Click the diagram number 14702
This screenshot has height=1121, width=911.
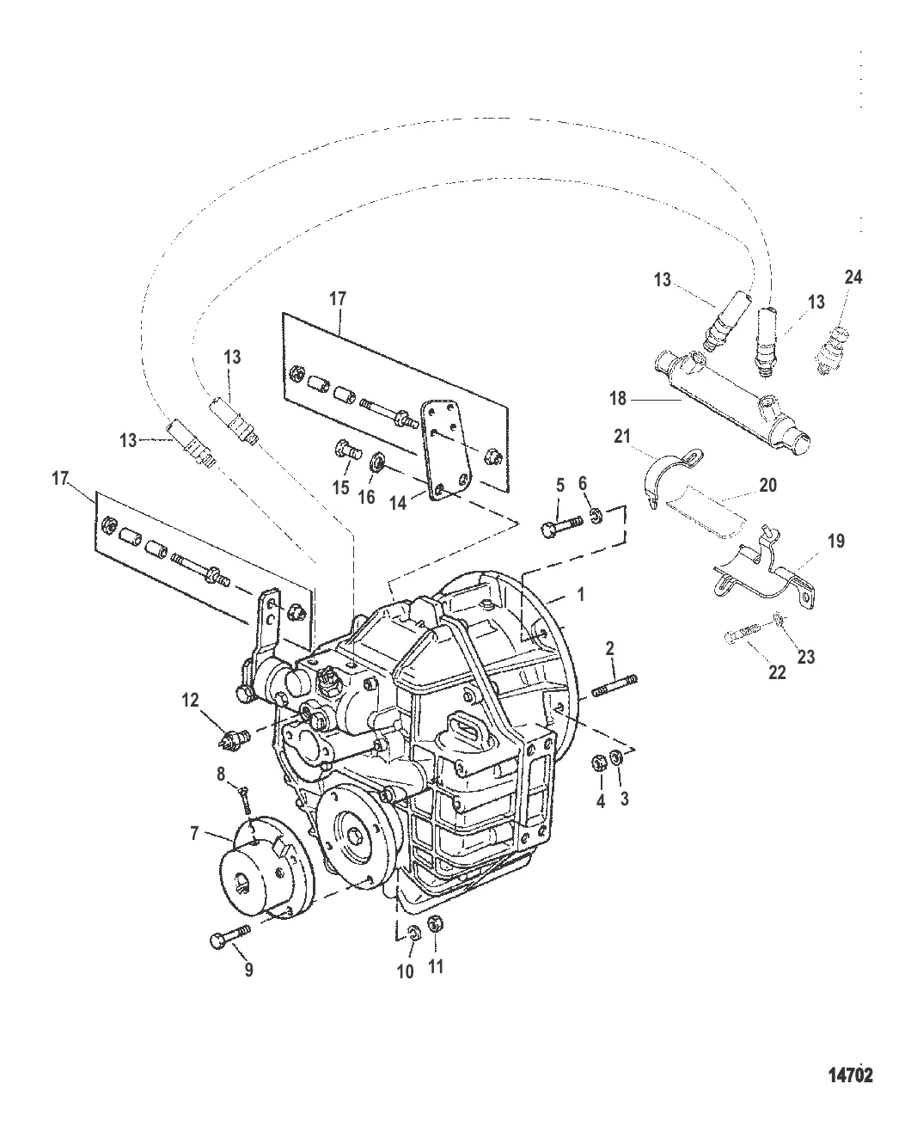point(850,1075)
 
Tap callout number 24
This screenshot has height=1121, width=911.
point(853,277)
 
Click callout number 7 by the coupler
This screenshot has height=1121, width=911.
point(194,833)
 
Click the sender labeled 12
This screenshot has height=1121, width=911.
point(234,735)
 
